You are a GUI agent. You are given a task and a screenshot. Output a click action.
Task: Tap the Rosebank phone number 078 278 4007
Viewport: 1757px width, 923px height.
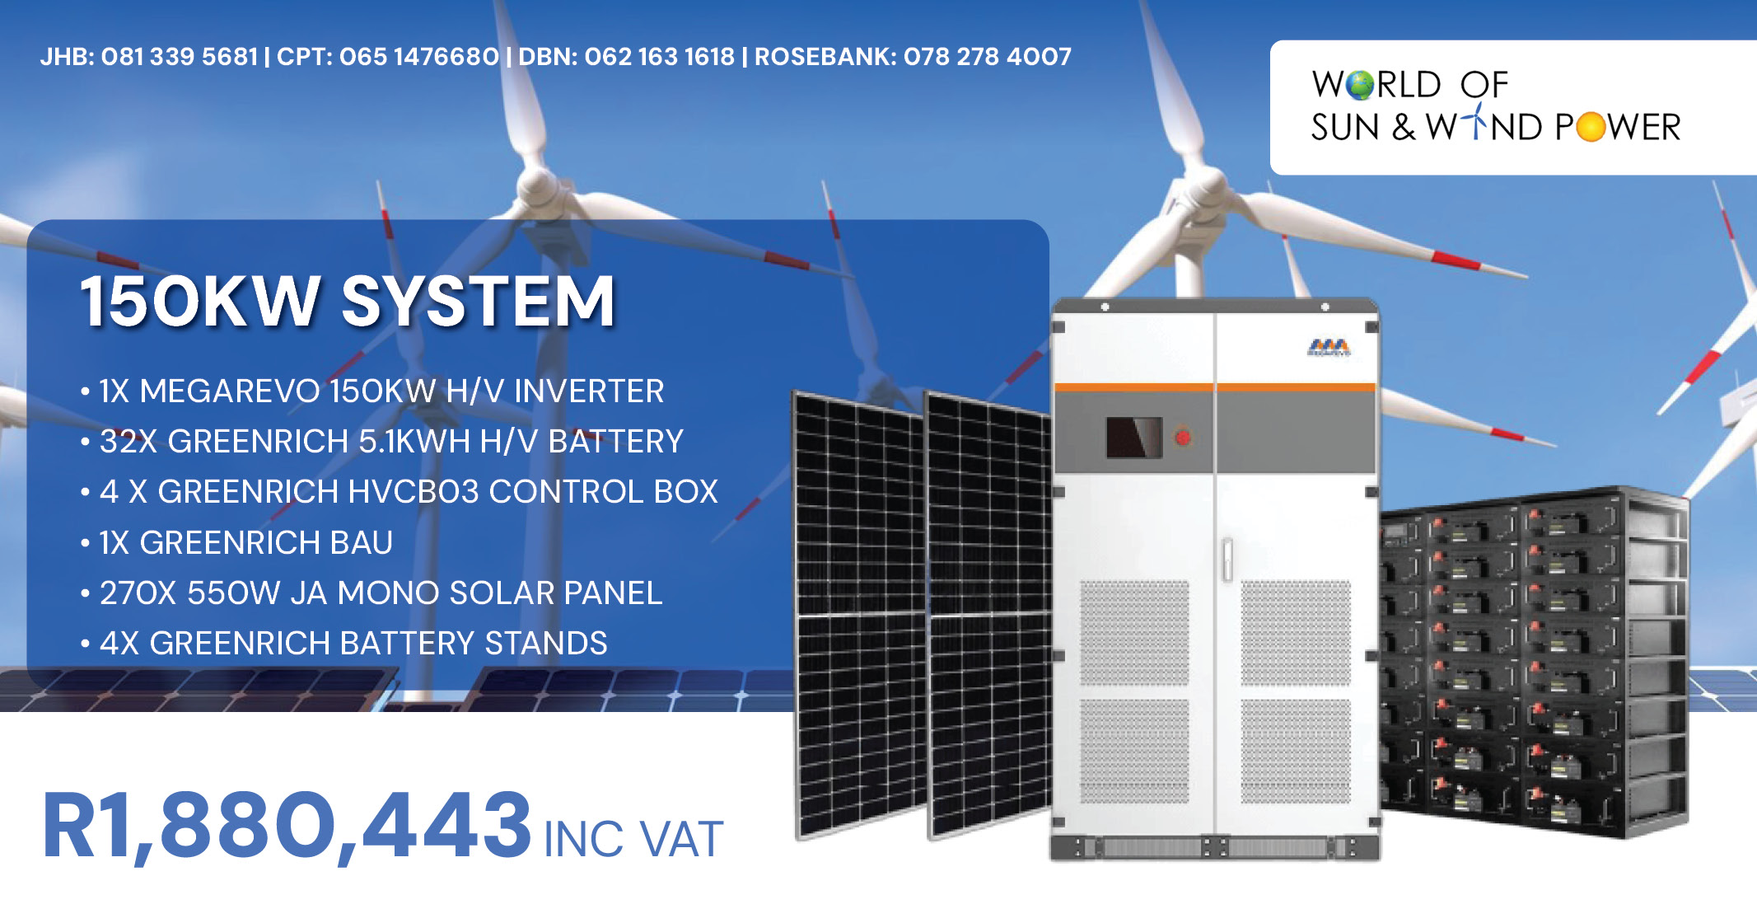(988, 57)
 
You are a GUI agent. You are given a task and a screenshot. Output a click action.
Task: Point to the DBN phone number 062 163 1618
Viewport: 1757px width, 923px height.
(659, 57)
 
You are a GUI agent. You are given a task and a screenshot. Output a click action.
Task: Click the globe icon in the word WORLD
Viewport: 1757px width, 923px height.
(1361, 85)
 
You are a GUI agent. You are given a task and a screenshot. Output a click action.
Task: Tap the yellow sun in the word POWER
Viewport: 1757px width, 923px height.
(1591, 128)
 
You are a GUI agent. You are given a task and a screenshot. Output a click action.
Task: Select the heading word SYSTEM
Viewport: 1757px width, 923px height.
(479, 302)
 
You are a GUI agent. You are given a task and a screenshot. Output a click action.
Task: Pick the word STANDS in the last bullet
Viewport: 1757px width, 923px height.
(546, 644)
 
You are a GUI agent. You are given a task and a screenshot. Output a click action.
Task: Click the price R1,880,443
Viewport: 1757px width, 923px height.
(287, 827)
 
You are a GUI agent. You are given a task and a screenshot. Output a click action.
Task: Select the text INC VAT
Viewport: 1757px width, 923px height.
(633, 840)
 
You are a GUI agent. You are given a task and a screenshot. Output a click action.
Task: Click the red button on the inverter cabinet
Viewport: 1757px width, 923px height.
(1183, 437)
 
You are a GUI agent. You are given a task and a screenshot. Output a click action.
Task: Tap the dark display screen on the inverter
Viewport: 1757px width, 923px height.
(1134, 437)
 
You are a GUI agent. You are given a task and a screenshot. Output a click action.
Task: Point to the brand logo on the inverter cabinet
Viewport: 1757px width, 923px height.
(1329, 348)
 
